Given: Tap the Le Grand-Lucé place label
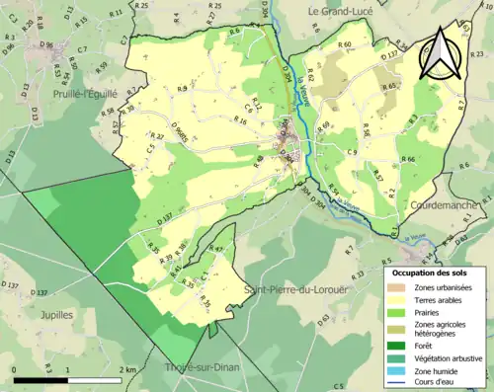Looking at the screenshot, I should (342, 11).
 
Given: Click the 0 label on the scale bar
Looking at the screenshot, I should (16, 370).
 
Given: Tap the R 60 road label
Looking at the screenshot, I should (344, 45).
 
